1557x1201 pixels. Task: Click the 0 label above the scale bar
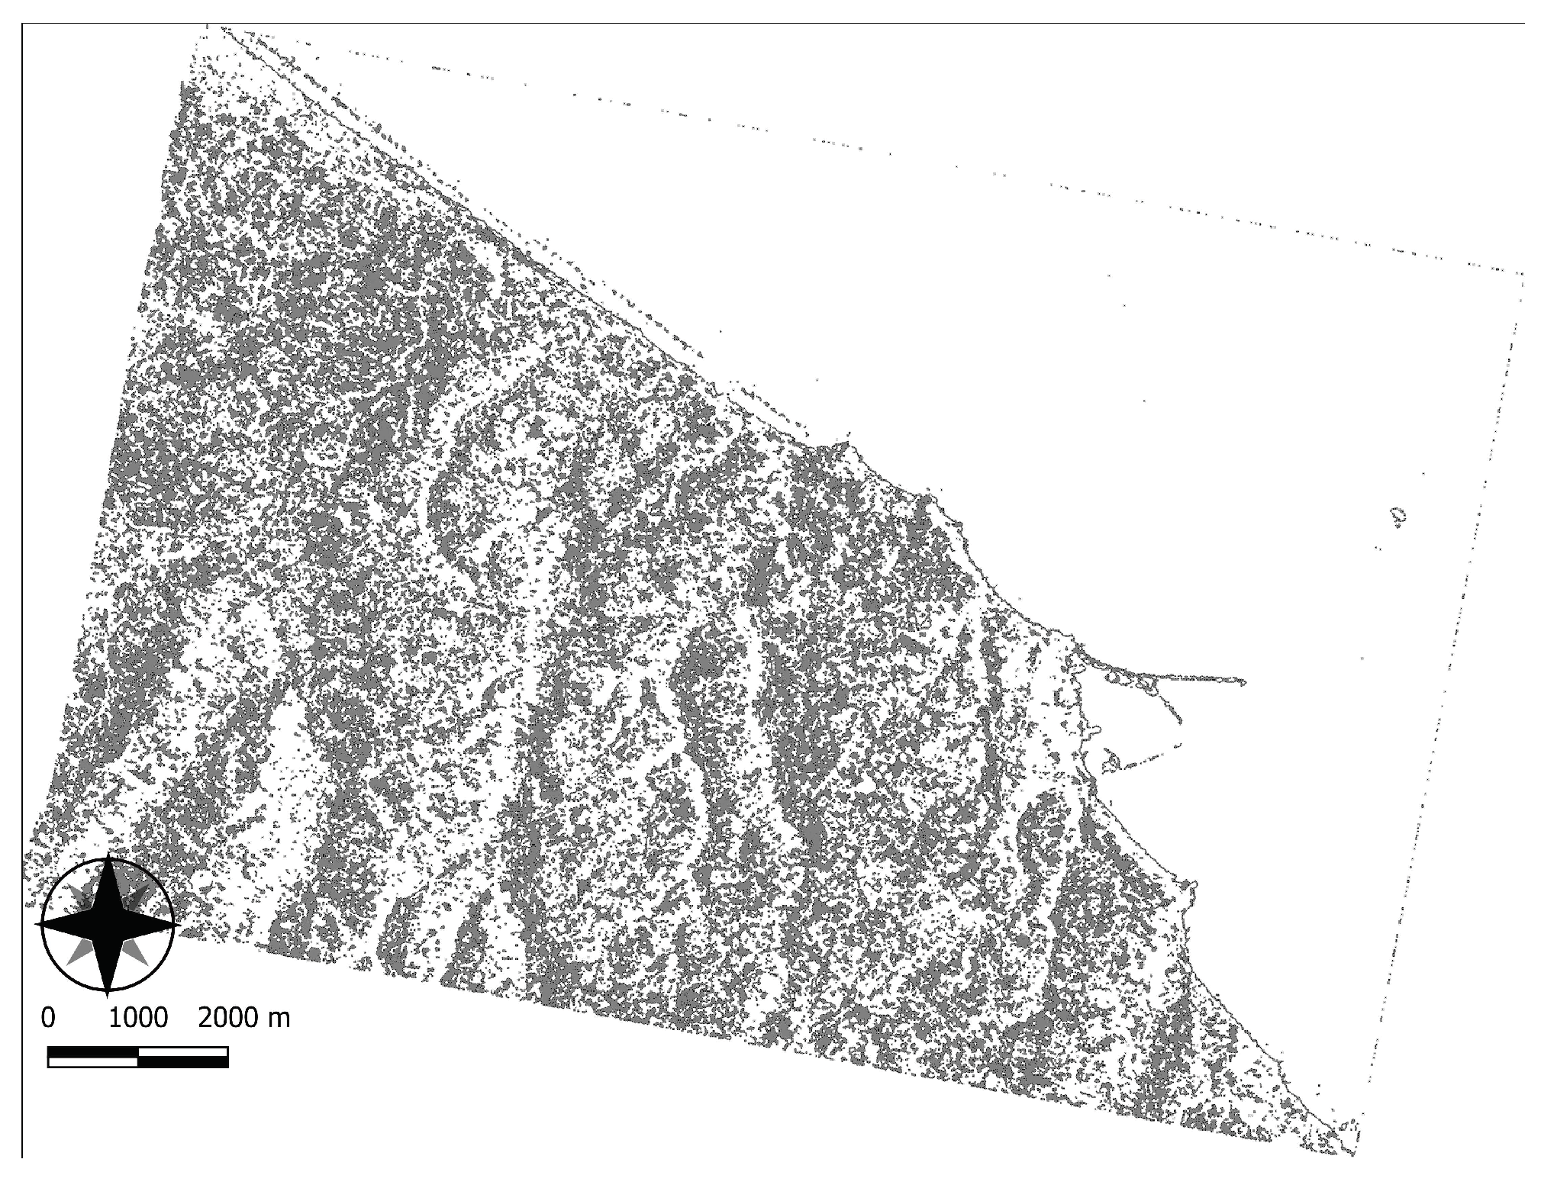[48, 1018]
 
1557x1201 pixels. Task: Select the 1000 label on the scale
[138, 1018]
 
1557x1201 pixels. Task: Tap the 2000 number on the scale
[227, 1018]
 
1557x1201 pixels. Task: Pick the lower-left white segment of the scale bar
[92, 1061]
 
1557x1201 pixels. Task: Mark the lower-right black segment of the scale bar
[182, 1061]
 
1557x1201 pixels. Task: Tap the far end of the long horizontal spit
[1244, 681]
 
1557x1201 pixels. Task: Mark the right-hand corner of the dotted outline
[1523, 273]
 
